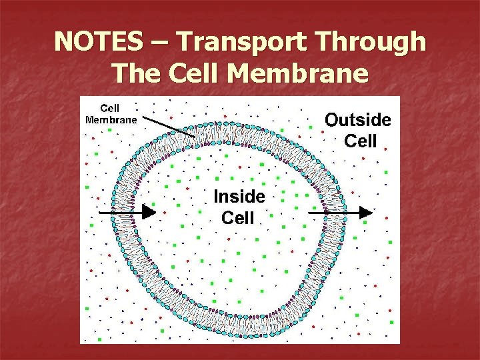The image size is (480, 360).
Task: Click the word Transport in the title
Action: [237, 42]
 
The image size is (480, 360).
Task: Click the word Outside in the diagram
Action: [358, 120]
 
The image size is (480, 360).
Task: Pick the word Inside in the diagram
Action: [239, 196]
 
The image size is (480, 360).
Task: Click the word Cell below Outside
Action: [361, 141]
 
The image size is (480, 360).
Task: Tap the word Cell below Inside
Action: [238, 217]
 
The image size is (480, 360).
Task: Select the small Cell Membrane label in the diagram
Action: [111, 114]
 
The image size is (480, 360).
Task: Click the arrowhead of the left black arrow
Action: [149, 212]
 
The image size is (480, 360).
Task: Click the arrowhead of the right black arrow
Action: [366, 213]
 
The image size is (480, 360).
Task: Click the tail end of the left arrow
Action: [99, 212]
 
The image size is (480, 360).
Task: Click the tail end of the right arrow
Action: [309, 213]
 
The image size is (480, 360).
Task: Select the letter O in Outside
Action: [332, 120]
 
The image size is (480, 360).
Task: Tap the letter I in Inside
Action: [216, 196]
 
